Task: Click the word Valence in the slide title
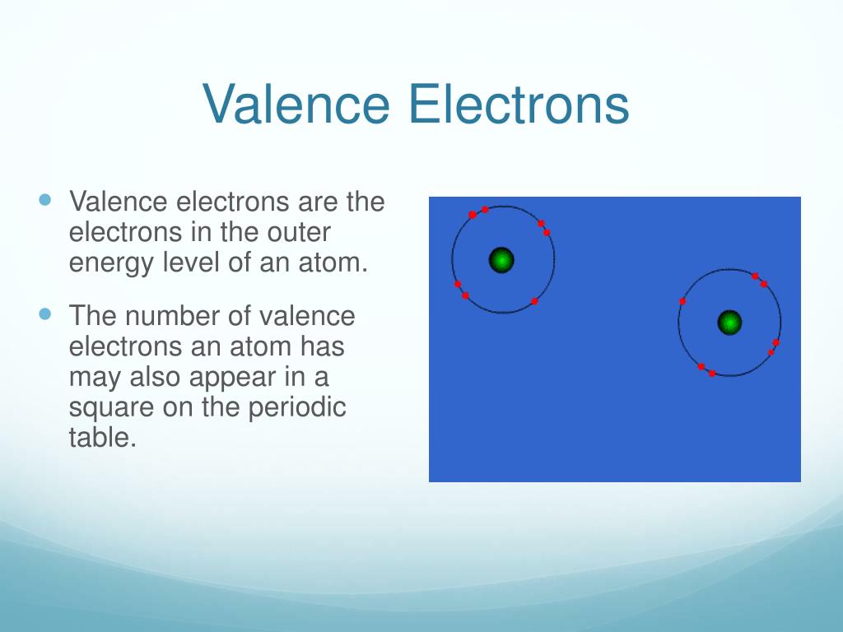(296, 104)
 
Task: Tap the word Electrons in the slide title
(519, 104)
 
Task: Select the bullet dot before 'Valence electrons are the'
(46, 200)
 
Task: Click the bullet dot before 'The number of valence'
(46, 314)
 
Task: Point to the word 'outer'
(299, 233)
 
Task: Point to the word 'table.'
(103, 436)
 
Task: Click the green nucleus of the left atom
(501, 260)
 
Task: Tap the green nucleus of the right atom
(729, 323)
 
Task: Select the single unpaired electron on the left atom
(534, 301)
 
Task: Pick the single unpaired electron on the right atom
(682, 301)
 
